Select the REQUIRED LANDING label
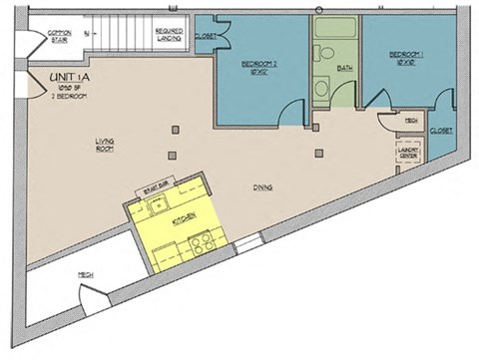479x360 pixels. [168, 36]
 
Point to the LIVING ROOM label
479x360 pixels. [105, 145]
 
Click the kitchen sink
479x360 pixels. [156, 206]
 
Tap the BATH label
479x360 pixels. [345, 68]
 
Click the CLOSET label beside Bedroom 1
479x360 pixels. [440, 130]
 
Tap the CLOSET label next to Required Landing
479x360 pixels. [206, 37]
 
